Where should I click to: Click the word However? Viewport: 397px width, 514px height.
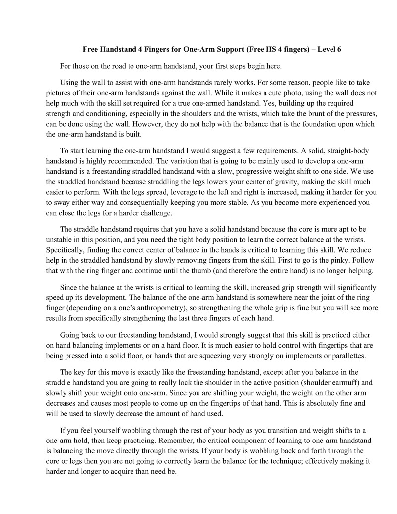[x=134, y=124]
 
